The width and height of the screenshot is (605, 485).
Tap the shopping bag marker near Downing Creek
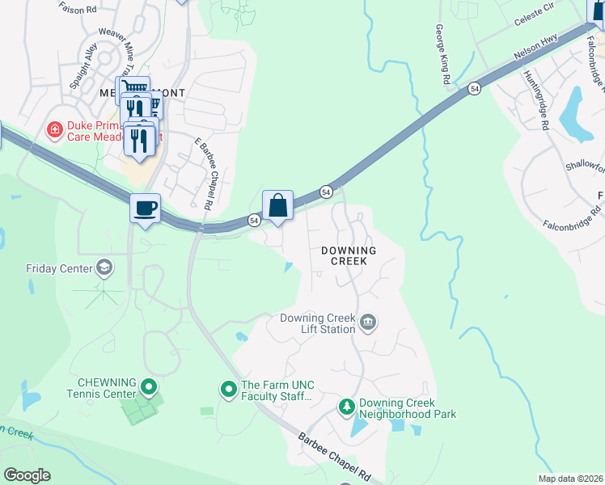click(x=277, y=205)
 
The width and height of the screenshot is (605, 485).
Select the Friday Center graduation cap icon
click(x=104, y=268)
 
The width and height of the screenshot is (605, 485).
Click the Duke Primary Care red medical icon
click(x=54, y=129)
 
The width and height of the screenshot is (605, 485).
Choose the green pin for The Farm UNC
click(x=229, y=390)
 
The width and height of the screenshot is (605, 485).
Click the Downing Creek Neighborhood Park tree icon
click(x=346, y=407)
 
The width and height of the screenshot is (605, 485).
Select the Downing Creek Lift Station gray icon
click(x=367, y=323)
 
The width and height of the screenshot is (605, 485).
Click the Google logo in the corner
click(x=27, y=475)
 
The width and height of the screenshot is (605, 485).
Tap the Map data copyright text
click(x=569, y=479)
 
